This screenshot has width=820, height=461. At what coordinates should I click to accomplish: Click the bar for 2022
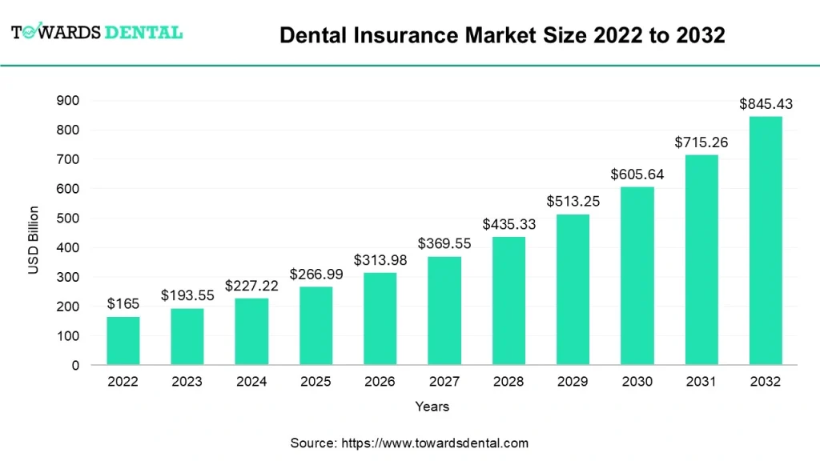point(123,341)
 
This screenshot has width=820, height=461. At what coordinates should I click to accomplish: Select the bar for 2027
point(444,311)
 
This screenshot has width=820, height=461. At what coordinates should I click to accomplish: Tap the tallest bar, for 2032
point(766,241)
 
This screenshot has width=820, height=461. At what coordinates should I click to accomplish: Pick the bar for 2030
point(637,276)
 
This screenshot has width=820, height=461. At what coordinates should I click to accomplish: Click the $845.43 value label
point(766,104)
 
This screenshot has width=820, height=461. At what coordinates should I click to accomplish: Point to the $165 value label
point(123,304)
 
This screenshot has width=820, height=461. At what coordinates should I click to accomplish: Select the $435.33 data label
point(508,225)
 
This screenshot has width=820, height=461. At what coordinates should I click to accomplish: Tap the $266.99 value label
point(316,275)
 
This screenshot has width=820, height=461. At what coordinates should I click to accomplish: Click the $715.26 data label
point(701,142)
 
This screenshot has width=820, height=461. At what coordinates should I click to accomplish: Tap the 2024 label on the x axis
point(251,382)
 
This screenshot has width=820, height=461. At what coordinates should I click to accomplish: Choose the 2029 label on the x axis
point(573,382)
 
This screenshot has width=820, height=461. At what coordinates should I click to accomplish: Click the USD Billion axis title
point(34,240)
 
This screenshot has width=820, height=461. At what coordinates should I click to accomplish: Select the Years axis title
point(432,407)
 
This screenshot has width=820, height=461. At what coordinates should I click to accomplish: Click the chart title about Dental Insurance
point(502,35)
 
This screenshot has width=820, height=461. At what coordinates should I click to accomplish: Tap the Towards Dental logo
point(97,33)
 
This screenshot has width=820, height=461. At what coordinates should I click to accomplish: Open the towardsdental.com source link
point(435,443)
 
